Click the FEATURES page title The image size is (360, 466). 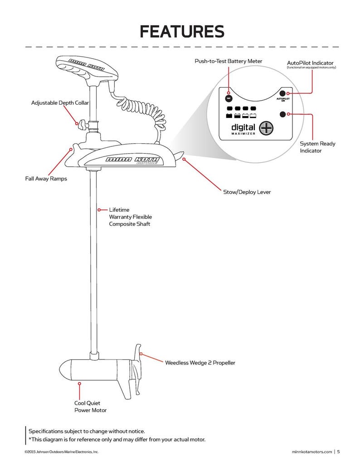[x=182, y=32]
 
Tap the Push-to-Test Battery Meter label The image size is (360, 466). [x=228, y=61]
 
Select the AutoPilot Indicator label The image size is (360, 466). [x=311, y=62]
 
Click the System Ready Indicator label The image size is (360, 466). [x=317, y=147]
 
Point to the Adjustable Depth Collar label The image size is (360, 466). [x=60, y=103]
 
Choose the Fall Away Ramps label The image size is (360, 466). [x=46, y=179]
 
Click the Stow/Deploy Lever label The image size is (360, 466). [x=247, y=192]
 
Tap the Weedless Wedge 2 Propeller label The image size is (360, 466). [x=200, y=363]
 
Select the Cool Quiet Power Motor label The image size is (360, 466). [x=90, y=407]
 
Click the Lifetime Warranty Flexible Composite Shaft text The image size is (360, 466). [x=130, y=217]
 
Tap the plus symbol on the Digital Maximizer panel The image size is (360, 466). [x=267, y=128]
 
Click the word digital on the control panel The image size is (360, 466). [x=243, y=127]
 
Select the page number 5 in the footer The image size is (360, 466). [x=338, y=451]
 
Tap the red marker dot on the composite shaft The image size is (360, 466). [x=99, y=210]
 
